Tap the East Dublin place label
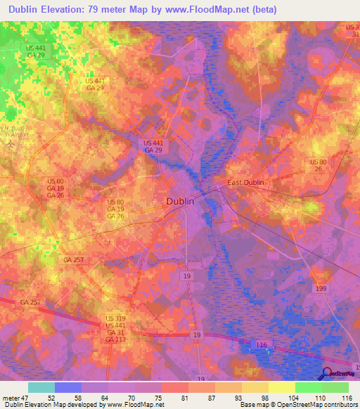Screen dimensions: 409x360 245,183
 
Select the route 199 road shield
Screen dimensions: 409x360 321,289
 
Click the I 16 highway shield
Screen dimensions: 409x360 262,344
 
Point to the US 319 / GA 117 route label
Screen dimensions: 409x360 115,329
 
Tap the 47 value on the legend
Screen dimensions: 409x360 24,397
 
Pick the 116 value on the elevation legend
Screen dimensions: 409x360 345,397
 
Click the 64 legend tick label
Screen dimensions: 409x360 105,397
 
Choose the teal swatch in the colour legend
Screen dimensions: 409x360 41,387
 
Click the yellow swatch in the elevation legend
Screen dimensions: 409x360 282,387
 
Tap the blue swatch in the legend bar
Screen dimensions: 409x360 68,387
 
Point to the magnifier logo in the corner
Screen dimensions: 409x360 327,375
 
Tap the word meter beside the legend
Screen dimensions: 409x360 9,397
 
